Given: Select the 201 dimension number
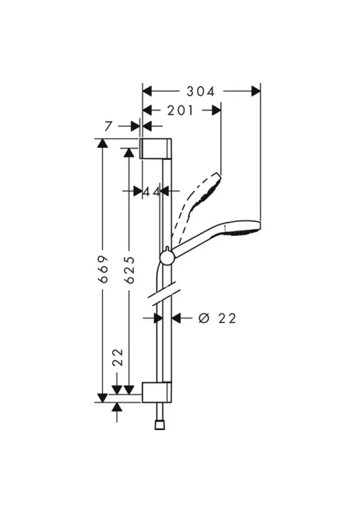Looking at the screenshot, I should tap(180, 110).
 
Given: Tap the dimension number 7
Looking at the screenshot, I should tap(108, 126).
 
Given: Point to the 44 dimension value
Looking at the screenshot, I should tap(151, 191).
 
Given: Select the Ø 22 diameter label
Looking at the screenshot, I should tap(217, 318).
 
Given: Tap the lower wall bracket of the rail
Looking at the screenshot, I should tap(156, 392).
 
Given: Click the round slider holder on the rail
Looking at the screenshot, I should tap(166, 258).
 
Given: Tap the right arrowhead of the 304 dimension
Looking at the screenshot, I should tap(255, 91).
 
